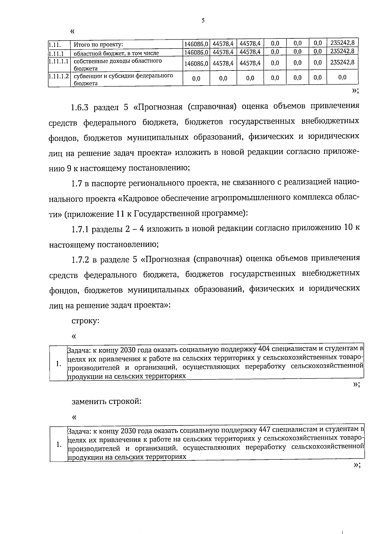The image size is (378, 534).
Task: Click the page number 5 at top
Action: click(203, 21)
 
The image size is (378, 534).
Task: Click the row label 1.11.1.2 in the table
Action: click(59, 76)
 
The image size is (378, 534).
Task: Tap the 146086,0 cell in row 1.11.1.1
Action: click(196, 63)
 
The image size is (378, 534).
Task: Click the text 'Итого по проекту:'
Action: click(98, 45)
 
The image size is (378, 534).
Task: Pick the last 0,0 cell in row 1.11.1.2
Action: click(342, 78)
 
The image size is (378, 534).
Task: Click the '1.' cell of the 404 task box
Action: click(58, 363)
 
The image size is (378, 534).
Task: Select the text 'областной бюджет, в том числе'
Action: click(116, 53)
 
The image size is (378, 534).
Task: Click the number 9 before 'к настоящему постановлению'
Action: click(69, 168)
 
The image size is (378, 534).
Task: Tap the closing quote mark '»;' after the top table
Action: click(355, 91)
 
